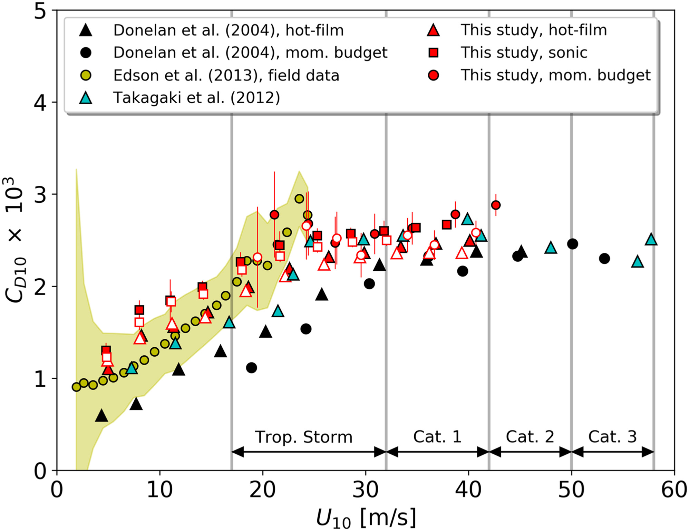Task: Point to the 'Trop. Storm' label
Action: click(x=303, y=437)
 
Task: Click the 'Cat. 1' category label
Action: click(x=437, y=437)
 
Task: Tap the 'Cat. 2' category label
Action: click(x=530, y=437)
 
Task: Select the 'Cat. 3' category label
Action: click(x=612, y=437)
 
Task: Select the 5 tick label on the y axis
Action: click(x=40, y=11)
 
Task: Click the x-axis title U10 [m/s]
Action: click(x=366, y=518)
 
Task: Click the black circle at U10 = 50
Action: click(x=572, y=244)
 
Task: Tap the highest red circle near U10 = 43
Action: click(x=496, y=205)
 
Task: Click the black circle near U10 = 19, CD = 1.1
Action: click(x=251, y=368)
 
